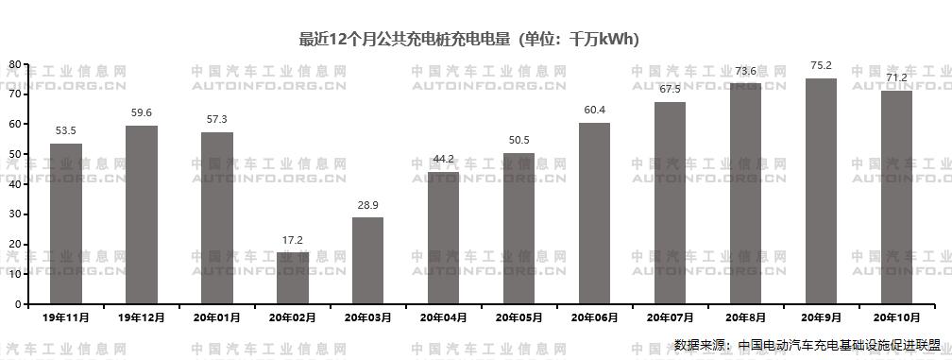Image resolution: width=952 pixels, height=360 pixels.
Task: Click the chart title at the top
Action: [469, 39]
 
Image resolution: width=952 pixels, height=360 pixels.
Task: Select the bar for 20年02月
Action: [293, 278]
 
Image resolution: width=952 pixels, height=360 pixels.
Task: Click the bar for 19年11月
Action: [66, 224]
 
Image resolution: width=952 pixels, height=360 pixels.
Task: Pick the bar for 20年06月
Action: [594, 214]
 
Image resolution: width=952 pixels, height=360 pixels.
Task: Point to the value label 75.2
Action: [821, 65]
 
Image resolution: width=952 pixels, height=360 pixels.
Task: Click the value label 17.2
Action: [293, 240]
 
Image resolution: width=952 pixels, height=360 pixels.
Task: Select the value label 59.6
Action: [142, 112]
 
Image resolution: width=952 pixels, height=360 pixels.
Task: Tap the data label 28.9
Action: [368, 205]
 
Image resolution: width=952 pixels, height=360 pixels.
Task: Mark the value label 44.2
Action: [443, 159]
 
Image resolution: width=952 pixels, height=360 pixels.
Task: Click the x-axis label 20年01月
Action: [217, 317]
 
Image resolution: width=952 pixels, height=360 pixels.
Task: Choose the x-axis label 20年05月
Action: [518, 317]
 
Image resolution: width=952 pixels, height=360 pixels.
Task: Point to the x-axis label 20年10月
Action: [896, 317]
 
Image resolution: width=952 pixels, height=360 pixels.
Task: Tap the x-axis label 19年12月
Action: [142, 317]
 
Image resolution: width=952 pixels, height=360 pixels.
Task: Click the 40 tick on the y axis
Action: [14, 183]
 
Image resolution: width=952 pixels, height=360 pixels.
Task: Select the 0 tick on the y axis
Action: [17, 304]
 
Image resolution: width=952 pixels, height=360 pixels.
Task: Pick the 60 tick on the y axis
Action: [14, 124]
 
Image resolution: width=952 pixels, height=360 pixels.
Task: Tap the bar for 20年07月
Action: [670, 203]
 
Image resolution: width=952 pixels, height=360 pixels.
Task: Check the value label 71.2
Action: [896, 77]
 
